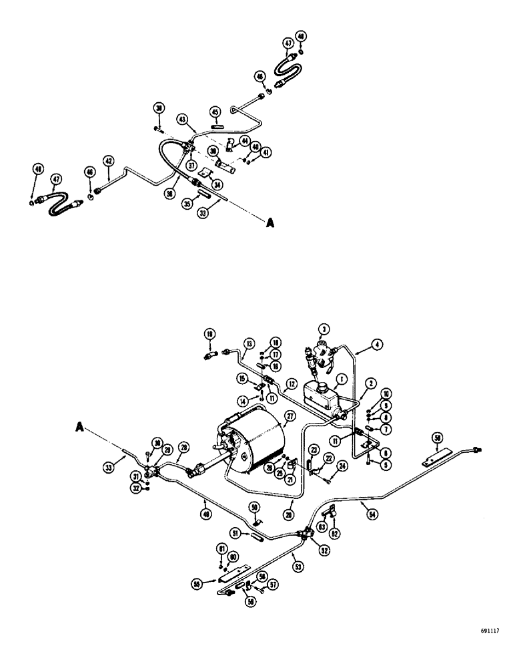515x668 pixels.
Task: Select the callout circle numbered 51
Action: click(235, 532)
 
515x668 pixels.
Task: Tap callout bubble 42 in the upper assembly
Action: click(107, 160)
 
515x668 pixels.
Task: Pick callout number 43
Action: click(181, 119)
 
